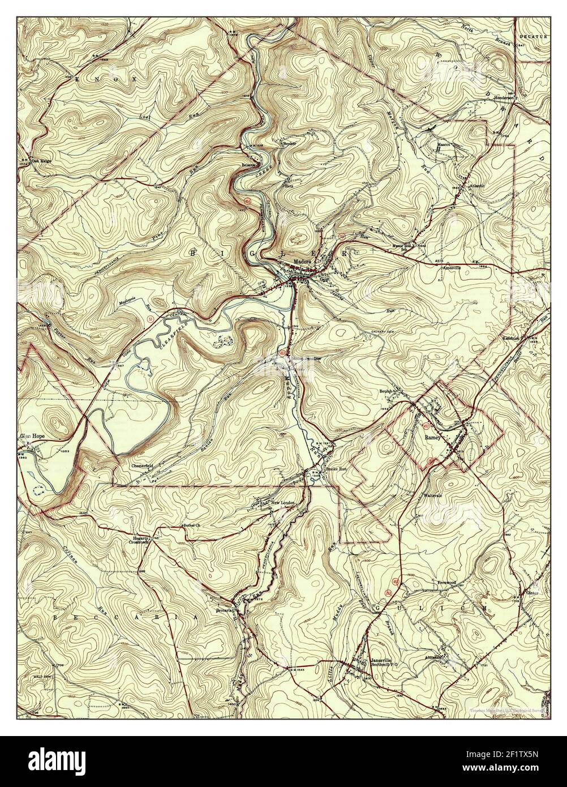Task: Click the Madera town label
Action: point(301,262)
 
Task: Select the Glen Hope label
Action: point(32,437)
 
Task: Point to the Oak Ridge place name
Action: point(41,160)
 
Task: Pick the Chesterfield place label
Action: point(143,465)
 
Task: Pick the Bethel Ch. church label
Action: point(192,525)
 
